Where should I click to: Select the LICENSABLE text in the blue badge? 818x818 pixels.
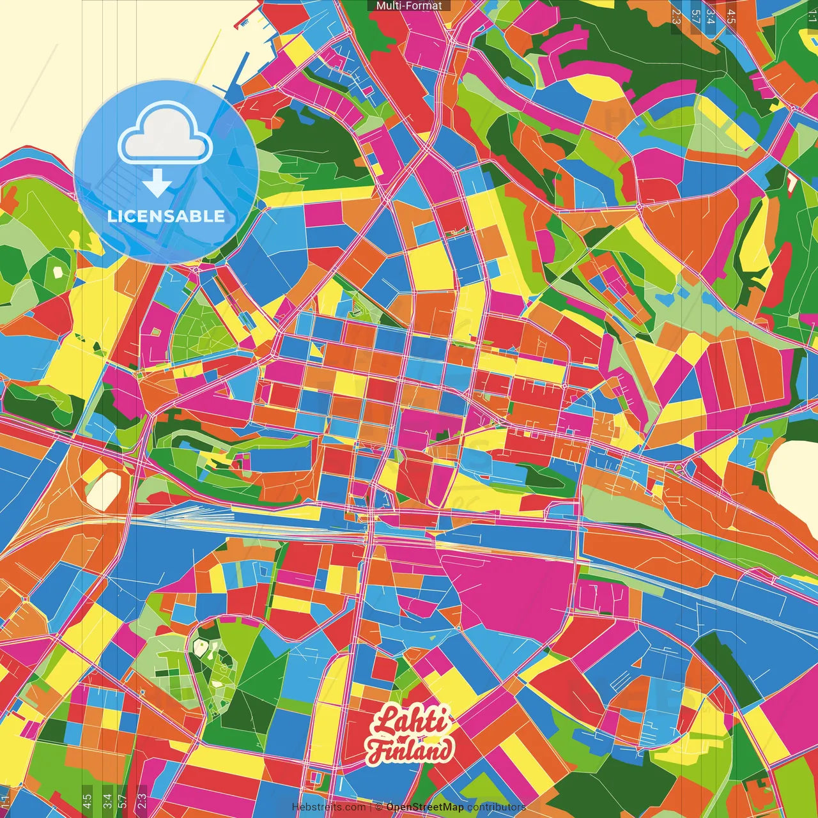tap(166, 216)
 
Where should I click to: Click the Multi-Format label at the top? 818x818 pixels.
tap(409, 6)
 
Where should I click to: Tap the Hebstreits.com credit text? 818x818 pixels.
tap(328, 807)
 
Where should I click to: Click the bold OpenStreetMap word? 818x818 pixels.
tap(425, 807)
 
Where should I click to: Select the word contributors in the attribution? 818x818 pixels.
tap(496, 807)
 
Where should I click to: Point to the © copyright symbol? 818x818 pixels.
tap(378, 807)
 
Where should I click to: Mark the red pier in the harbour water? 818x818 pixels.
tap(244, 23)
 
